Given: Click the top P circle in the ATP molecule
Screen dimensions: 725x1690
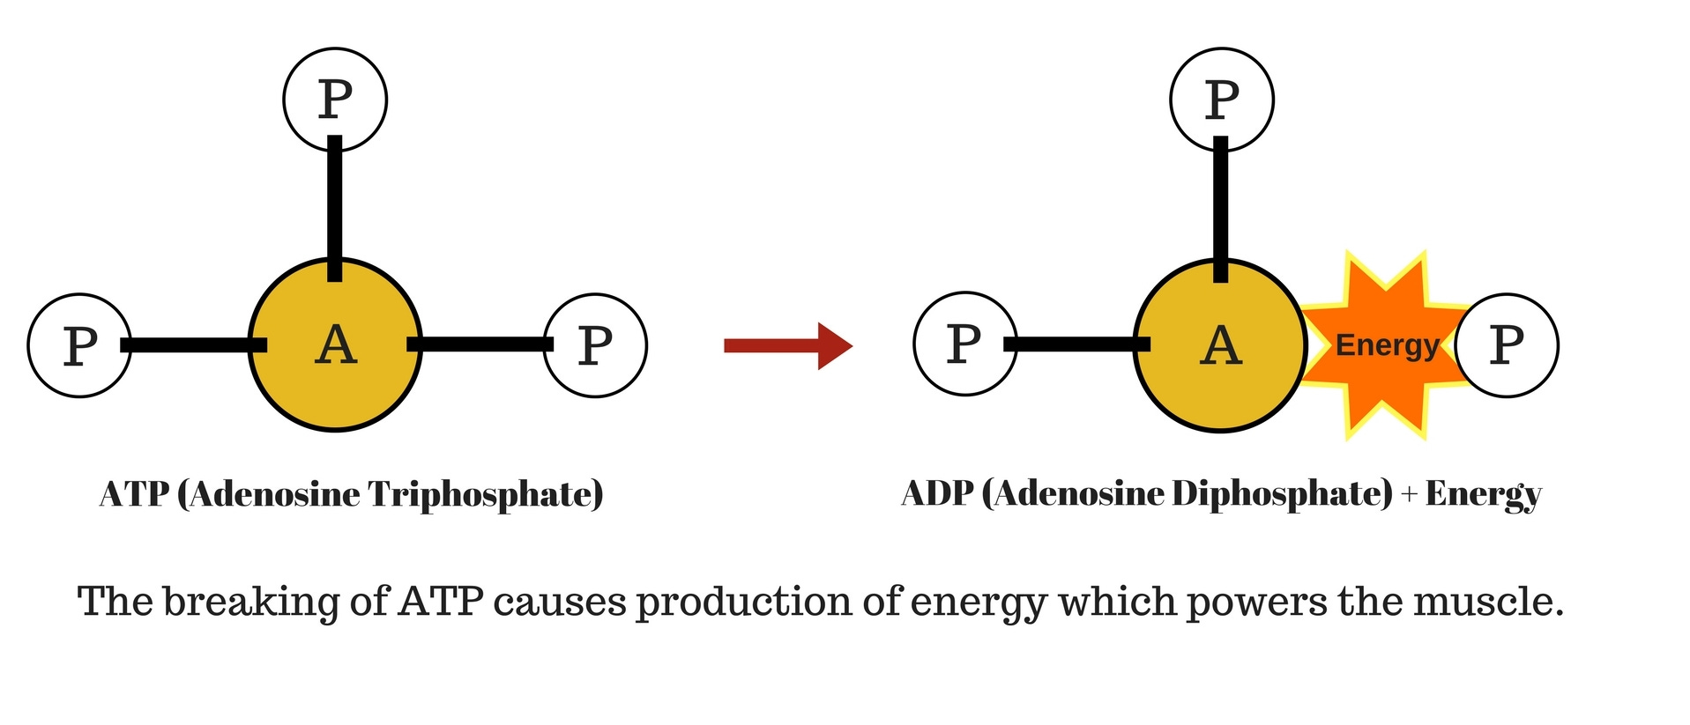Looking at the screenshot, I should tap(335, 100).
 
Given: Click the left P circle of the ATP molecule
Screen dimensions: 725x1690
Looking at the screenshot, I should tap(79, 345).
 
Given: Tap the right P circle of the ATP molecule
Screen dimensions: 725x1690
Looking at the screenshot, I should tap(595, 345).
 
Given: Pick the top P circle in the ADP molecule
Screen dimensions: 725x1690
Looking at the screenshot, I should tap(1221, 100).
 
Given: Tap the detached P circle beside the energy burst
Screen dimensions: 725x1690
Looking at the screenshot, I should tap(1507, 345).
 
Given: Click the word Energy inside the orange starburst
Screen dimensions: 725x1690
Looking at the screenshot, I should tap(1387, 345).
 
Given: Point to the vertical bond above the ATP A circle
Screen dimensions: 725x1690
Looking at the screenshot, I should tap(335, 207).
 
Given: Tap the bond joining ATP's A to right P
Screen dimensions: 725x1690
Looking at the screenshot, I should tap(480, 344).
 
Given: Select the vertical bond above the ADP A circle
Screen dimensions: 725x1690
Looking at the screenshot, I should tap(1220, 207).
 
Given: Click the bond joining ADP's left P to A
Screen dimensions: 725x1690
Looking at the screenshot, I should tap(1079, 344).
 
